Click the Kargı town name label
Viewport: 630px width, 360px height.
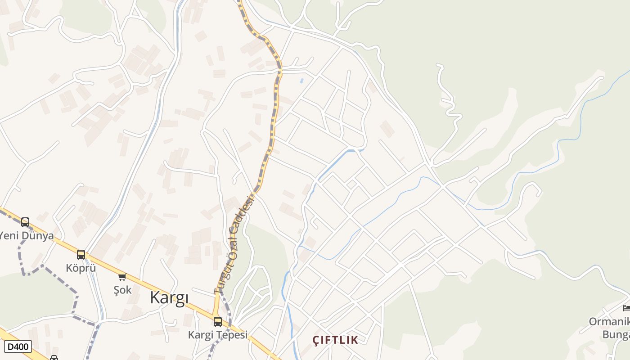tap(169, 298)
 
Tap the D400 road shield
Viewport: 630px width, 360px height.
tap(18, 346)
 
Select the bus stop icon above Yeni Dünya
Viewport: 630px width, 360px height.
tap(25, 222)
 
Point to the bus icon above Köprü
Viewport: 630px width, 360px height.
tap(81, 254)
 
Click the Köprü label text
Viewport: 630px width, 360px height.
tap(81, 268)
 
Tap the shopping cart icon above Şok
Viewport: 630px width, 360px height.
tap(122, 276)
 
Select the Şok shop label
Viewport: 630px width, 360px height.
tap(122, 290)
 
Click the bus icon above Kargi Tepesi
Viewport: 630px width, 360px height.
tap(218, 321)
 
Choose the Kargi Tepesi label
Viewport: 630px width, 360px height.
tap(218, 335)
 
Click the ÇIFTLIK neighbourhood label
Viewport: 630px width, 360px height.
tap(336, 340)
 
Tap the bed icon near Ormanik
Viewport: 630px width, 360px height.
tap(626, 308)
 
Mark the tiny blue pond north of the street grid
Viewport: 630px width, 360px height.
tap(301, 81)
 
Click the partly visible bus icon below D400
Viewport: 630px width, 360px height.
tap(54, 358)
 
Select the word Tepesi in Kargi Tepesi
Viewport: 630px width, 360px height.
tap(233, 335)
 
